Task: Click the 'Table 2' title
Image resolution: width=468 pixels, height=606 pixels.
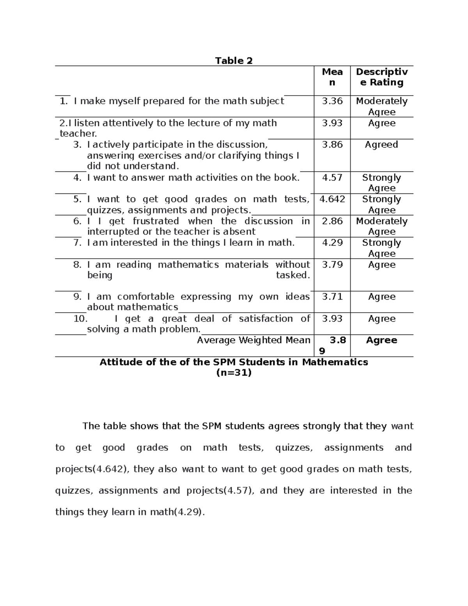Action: pyautogui.click(x=234, y=60)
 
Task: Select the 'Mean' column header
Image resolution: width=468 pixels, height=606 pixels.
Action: pyautogui.click(x=332, y=77)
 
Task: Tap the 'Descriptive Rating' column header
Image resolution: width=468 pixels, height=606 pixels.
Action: pyautogui.click(x=382, y=77)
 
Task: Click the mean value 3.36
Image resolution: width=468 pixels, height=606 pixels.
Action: pyautogui.click(x=332, y=101)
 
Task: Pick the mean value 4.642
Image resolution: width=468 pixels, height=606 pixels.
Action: pyautogui.click(x=332, y=199)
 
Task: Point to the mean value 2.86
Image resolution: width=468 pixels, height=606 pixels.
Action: pyautogui.click(x=332, y=221)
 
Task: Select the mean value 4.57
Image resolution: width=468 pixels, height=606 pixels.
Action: pyautogui.click(x=332, y=178)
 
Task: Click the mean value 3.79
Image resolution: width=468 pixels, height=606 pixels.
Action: pyautogui.click(x=332, y=265)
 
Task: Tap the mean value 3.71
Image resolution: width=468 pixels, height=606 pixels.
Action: pyautogui.click(x=332, y=297)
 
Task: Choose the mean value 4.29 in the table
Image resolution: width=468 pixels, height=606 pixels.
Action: pyautogui.click(x=332, y=243)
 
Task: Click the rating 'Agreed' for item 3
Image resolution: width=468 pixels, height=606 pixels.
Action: pyautogui.click(x=381, y=145)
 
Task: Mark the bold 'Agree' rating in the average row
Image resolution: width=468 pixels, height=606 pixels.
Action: pyautogui.click(x=381, y=340)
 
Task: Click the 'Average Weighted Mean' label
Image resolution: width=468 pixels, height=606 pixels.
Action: pyautogui.click(x=253, y=340)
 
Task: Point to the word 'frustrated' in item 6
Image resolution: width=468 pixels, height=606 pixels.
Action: pyautogui.click(x=156, y=221)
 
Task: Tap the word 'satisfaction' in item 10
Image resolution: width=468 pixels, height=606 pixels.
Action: pyautogui.click(x=266, y=318)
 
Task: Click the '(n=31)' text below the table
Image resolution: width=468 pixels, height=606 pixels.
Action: pyautogui.click(x=234, y=373)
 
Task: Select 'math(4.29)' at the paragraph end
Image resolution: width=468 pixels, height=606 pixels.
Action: pyautogui.click(x=177, y=512)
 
